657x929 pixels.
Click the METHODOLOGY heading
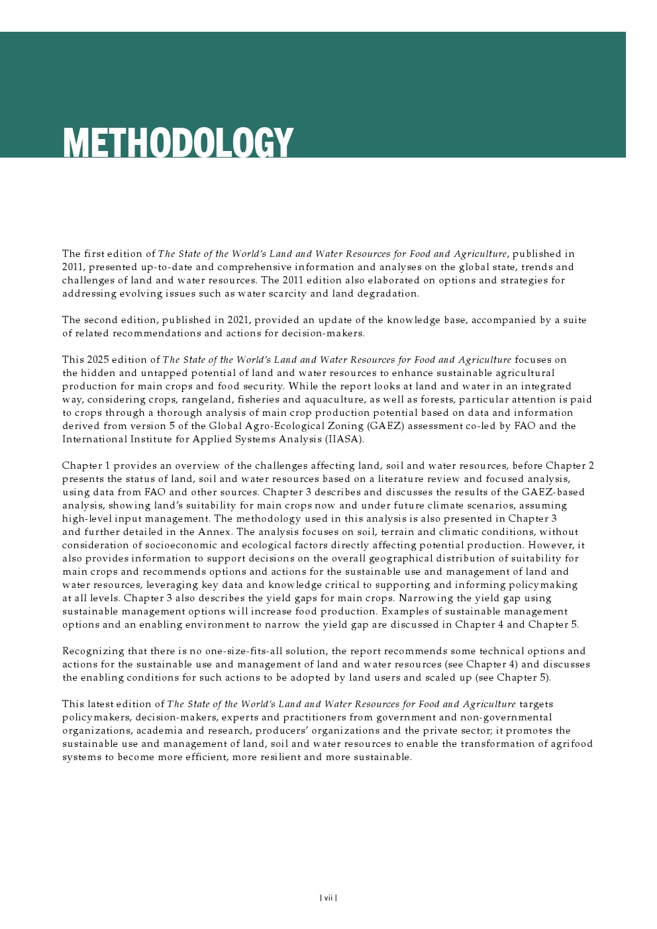177,142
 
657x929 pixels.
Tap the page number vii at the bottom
328,898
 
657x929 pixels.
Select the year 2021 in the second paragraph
238,320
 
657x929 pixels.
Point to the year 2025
97,360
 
